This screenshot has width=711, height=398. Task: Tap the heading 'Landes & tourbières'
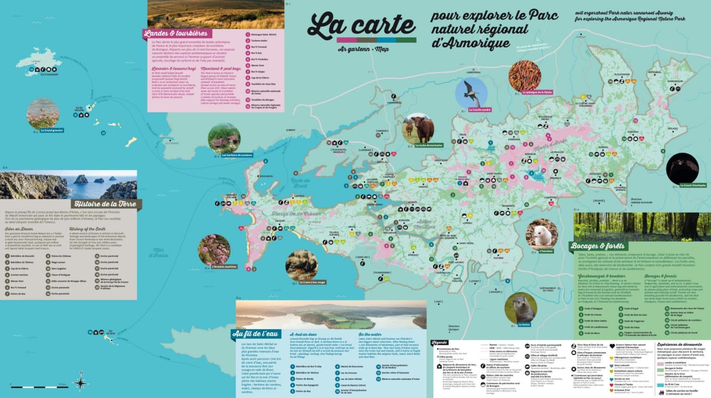click(176, 33)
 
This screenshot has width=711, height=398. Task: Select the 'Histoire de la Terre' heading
click(105, 204)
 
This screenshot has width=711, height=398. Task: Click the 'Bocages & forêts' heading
click(598, 246)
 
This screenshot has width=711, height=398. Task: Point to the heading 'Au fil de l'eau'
click(255, 334)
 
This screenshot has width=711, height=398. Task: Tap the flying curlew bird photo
click(471, 93)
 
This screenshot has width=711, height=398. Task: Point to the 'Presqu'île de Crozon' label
click(296, 214)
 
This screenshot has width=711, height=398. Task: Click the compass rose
click(81, 382)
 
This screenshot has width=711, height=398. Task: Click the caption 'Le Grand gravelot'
click(51, 131)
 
